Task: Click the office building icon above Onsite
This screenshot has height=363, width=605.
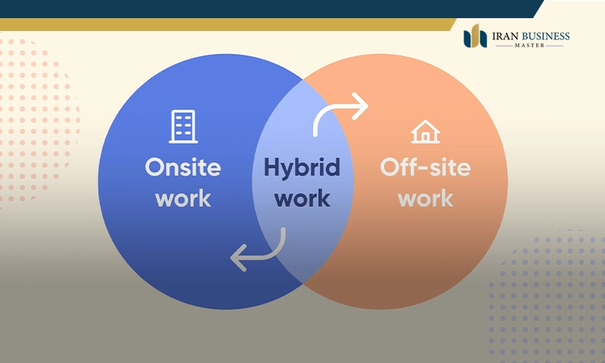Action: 183,126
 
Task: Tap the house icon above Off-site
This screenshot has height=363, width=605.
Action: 425,132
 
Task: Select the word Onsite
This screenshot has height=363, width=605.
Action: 183,167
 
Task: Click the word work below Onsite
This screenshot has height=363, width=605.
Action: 183,199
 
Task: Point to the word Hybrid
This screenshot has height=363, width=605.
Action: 302,167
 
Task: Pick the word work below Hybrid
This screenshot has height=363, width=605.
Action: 302,199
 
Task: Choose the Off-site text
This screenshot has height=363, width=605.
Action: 425,167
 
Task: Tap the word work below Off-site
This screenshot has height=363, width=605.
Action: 425,199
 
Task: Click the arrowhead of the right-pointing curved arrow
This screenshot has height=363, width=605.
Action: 361,106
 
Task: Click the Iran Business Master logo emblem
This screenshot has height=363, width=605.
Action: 475,36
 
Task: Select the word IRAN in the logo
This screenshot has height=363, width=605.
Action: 504,36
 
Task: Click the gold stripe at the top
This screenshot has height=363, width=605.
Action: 227,24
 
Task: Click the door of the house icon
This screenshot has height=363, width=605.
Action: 426,138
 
